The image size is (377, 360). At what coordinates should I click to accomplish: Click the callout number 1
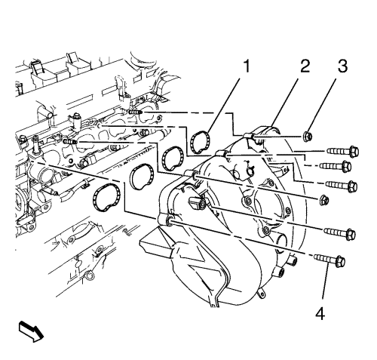247,66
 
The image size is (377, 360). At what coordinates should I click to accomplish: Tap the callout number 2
305,66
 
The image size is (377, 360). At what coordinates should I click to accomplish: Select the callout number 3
342,66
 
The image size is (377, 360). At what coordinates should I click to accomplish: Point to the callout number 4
320,313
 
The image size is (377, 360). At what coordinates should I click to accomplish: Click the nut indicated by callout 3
308,137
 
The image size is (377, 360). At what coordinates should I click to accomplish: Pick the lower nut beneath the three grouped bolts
324,200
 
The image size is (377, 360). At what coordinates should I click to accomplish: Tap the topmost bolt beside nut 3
343,152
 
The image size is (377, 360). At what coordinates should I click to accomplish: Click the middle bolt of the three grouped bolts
336,166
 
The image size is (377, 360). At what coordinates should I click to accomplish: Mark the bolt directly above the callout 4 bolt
339,233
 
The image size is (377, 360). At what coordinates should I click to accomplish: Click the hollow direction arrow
31,331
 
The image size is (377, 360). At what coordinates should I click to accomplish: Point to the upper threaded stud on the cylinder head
135,112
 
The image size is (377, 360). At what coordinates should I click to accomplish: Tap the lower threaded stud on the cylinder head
71,142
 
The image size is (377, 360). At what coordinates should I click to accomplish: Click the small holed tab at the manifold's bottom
261,294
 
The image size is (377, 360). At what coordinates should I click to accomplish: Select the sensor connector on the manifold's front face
197,203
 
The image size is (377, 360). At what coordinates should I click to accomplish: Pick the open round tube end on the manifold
282,242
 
